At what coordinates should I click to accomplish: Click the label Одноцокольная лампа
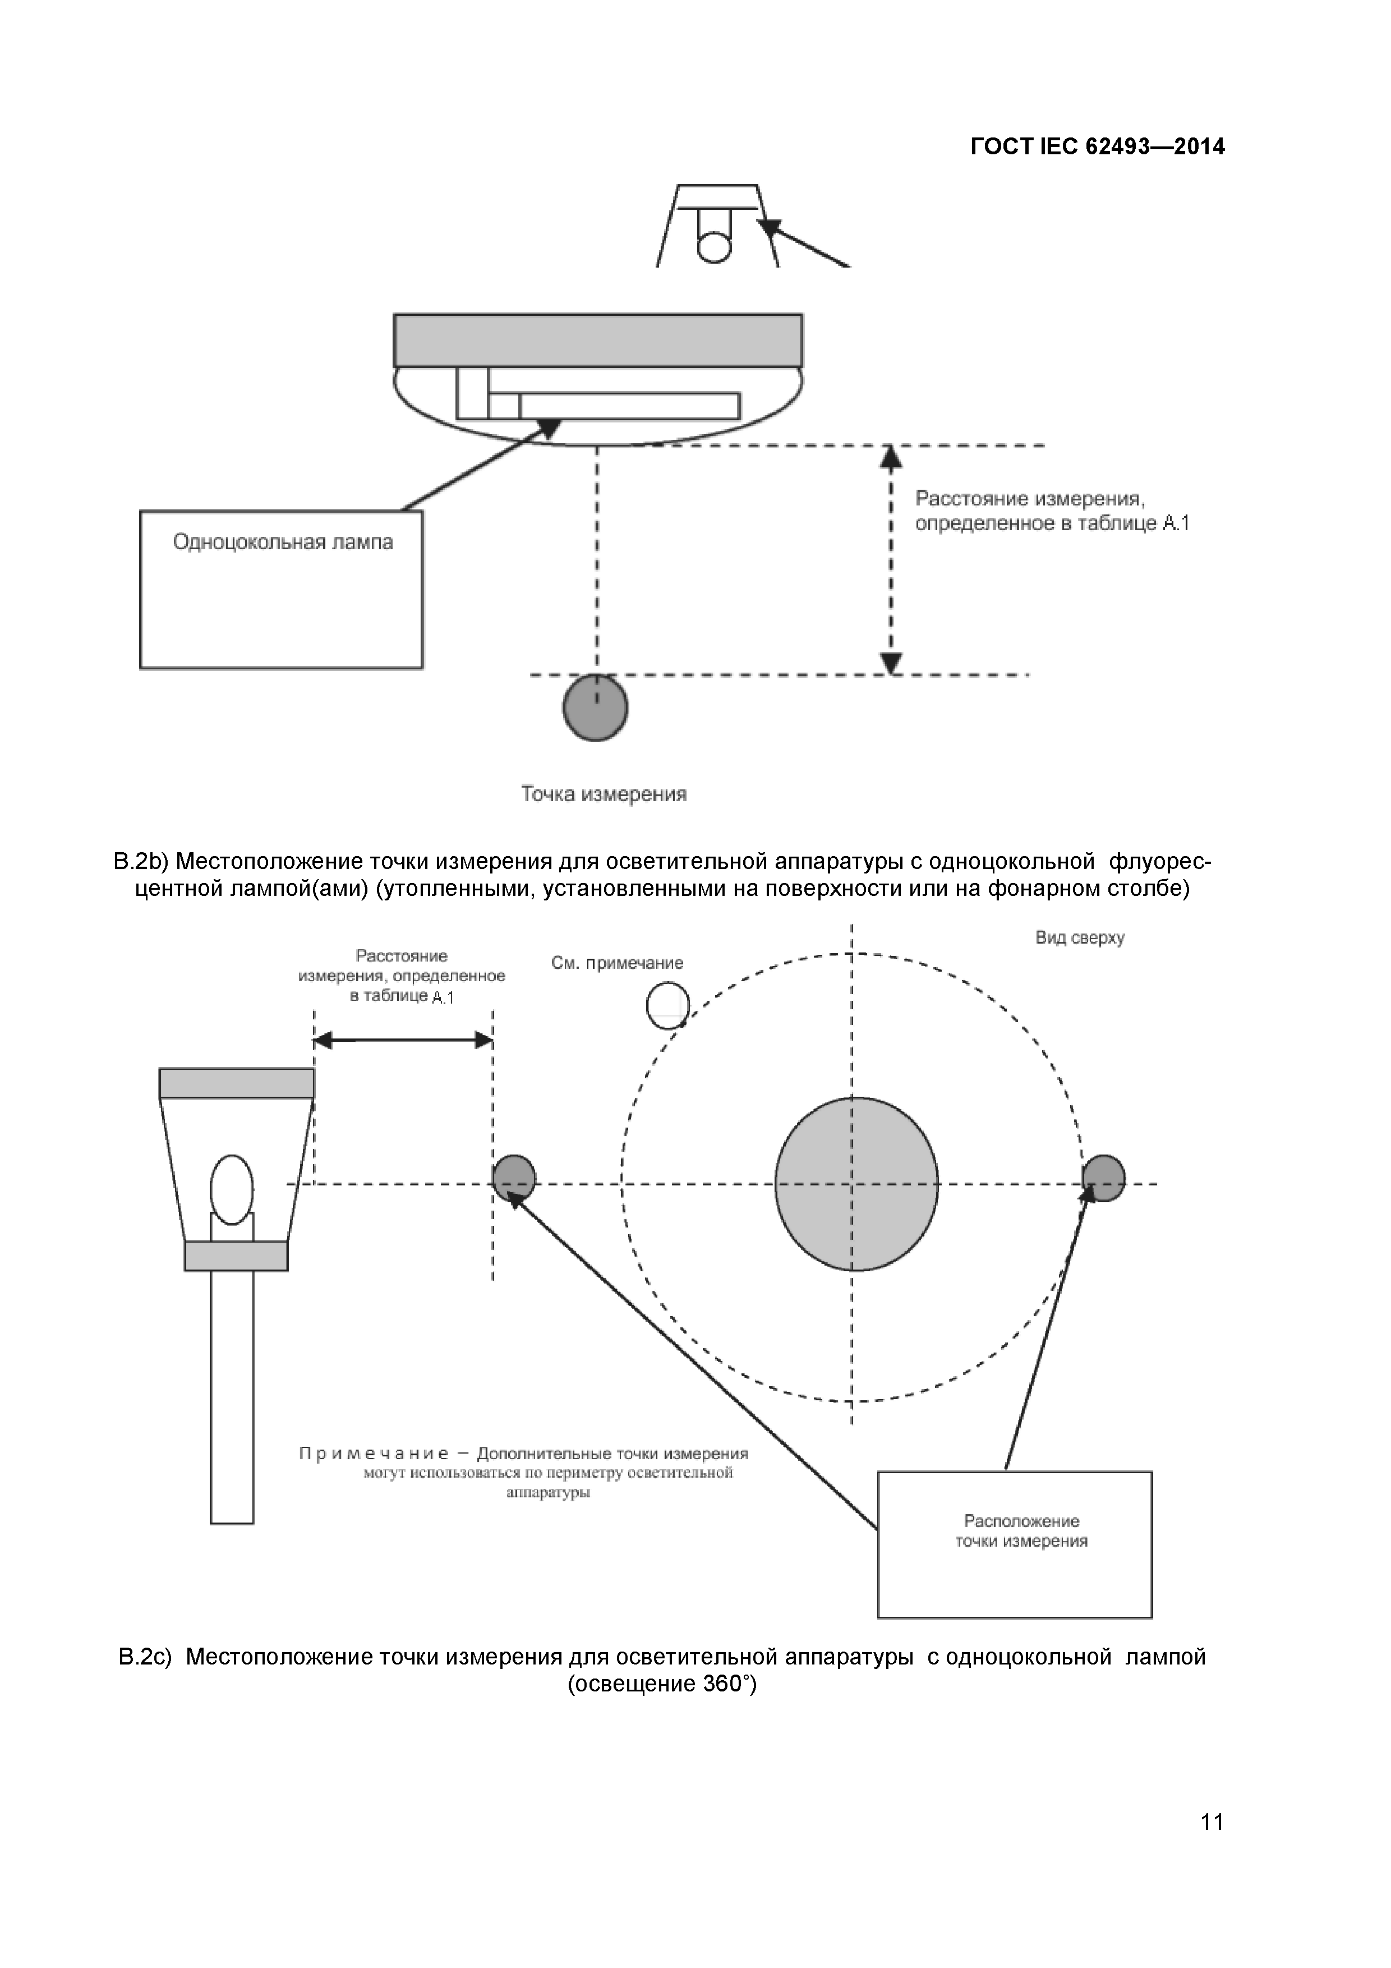pyautogui.click(x=283, y=542)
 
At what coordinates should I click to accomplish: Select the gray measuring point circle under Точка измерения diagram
pyautogui.click(x=596, y=708)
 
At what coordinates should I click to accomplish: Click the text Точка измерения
pyautogui.click(x=604, y=794)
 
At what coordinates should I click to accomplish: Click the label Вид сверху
pyautogui.click(x=1080, y=937)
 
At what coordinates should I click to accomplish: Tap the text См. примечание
pyautogui.click(x=617, y=963)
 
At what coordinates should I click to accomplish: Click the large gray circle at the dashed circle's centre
pyautogui.click(x=856, y=1184)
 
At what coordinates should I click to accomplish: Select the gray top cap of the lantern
pyautogui.click(x=237, y=1083)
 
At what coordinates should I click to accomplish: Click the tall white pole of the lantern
pyautogui.click(x=232, y=1406)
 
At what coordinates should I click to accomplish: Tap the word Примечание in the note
pyautogui.click(x=374, y=1454)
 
